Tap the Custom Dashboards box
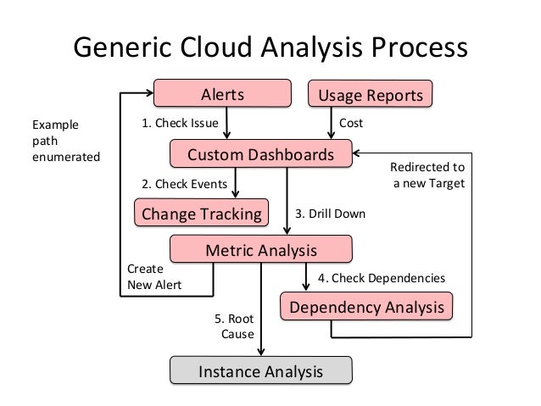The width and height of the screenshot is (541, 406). [x=259, y=155]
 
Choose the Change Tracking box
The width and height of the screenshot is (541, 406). [x=201, y=213]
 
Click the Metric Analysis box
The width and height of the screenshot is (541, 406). [x=261, y=250]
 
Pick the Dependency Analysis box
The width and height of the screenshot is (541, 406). [x=366, y=307]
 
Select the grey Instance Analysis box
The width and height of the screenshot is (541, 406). [x=260, y=371]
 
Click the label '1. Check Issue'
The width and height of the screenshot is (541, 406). [x=180, y=124]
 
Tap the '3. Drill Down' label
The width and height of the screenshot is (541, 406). [x=330, y=214]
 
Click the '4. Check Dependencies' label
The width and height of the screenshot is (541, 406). [x=381, y=277]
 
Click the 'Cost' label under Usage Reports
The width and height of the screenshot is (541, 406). [x=351, y=124]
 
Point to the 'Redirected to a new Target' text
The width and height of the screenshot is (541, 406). [x=428, y=175]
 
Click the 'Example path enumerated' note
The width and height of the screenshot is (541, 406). [x=64, y=140]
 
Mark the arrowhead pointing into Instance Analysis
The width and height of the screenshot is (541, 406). [x=262, y=353]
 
